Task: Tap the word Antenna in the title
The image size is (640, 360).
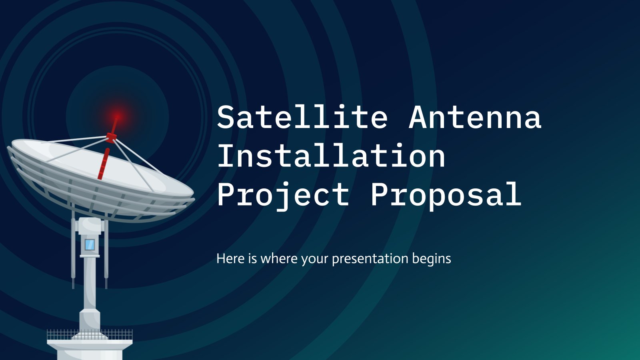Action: [475, 117]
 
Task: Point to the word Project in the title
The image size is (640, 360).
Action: [284, 196]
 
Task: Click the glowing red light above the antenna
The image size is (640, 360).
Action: [117, 116]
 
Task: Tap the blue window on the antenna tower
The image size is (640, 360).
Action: [90, 244]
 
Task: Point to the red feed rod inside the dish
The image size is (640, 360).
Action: [104, 164]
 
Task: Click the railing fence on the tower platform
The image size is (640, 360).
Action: [90, 334]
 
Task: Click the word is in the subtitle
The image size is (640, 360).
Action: [252, 258]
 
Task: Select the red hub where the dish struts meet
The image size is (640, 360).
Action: [111, 138]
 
